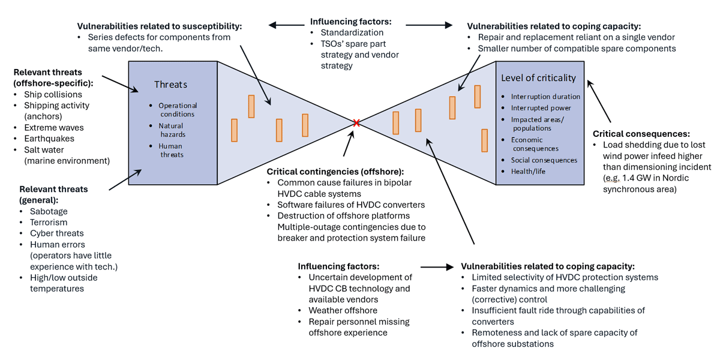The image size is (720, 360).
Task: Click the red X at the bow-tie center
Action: point(356,123)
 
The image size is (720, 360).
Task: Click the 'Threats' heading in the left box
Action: point(171,85)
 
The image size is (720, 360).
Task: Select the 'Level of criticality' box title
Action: point(538,78)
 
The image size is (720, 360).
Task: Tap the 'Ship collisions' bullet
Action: point(53,94)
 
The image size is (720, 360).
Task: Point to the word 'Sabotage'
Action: point(49,211)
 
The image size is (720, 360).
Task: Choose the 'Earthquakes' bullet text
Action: point(49,139)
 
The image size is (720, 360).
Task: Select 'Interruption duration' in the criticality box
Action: point(545,97)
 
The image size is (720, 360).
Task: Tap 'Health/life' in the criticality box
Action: point(528,172)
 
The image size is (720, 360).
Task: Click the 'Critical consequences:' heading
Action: point(641,134)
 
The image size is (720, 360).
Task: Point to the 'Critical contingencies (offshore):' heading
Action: point(335,172)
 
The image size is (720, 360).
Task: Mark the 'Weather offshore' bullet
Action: point(343,310)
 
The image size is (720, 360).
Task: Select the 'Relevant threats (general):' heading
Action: point(53,194)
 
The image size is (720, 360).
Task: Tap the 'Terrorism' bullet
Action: point(49,222)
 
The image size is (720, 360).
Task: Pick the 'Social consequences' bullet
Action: point(544,160)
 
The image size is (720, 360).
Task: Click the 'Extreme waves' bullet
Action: point(54,128)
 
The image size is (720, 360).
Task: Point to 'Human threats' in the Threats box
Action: point(170,150)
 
